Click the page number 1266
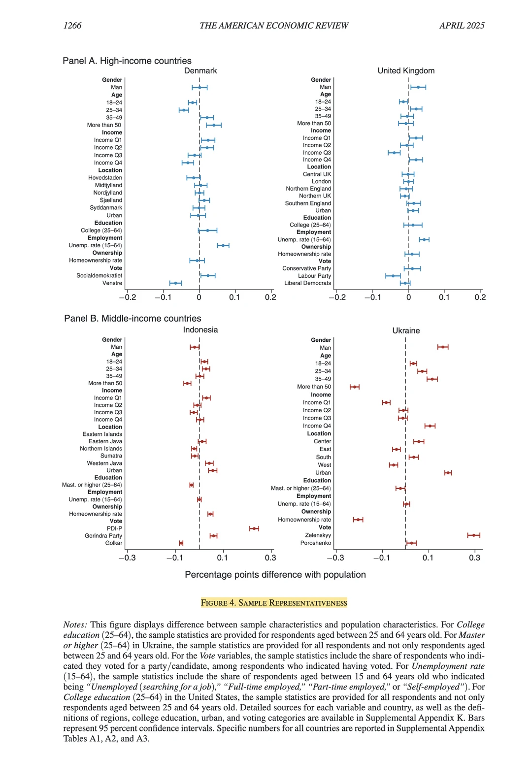pyautogui.click(x=72, y=26)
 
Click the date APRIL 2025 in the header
pyautogui.click(x=462, y=26)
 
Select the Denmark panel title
pyautogui.click(x=200, y=71)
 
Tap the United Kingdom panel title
pyautogui.click(x=406, y=71)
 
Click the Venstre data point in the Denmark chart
pyautogui.click(x=175, y=283)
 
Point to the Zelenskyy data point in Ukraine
pyautogui.click(x=473, y=535)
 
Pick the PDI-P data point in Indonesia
pyautogui.click(x=254, y=528)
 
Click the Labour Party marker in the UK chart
pyautogui.click(x=393, y=276)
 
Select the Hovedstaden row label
pyautogui.click(x=105, y=178)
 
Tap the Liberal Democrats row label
pyautogui.click(x=307, y=283)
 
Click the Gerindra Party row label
pyautogui.click(x=103, y=536)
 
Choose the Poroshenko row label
pyautogui.click(x=316, y=543)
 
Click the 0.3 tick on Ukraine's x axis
pyautogui.click(x=474, y=558)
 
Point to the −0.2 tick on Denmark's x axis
pyautogui.click(x=128, y=297)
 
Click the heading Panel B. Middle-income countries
pyautogui.click(x=133, y=319)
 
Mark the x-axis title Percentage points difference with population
pyautogui.click(x=275, y=575)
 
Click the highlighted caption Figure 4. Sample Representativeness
pyautogui.click(x=274, y=603)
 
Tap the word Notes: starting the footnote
pyautogui.click(x=75, y=625)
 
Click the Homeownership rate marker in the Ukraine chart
pyautogui.click(x=358, y=520)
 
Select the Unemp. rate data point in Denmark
pyautogui.click(x=223, y=245)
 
